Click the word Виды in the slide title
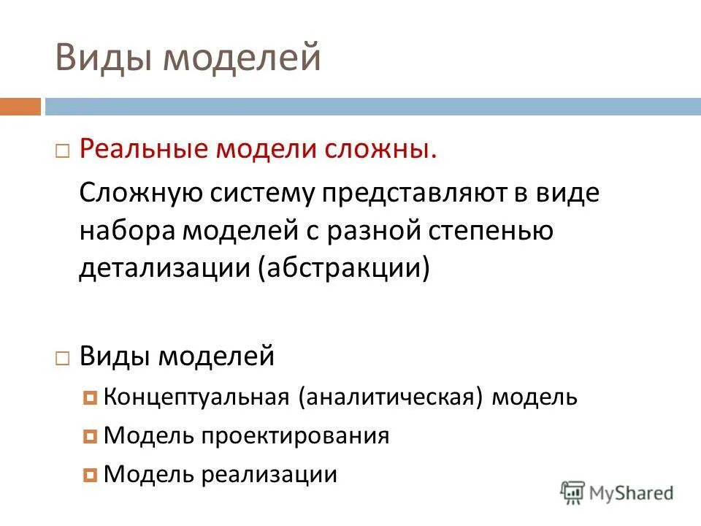point(101,58)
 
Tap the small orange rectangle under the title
point(20,107)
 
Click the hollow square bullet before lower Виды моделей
point(63,358)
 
